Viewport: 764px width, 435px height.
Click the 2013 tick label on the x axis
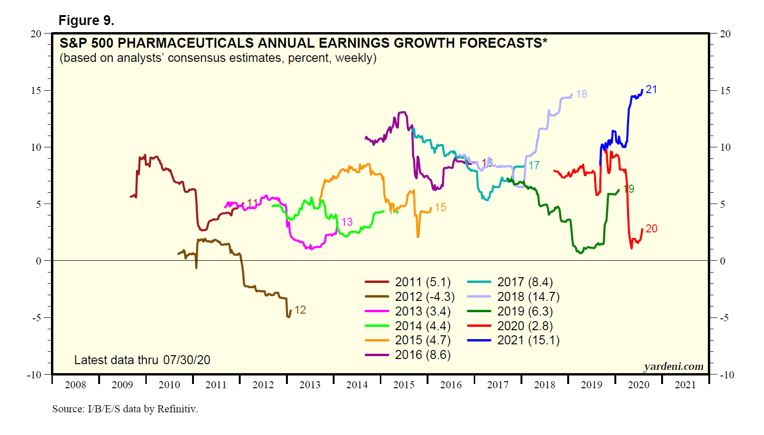coord(310,385)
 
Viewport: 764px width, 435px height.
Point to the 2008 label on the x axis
coord(76,385)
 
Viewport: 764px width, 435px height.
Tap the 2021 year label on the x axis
coord(685,385)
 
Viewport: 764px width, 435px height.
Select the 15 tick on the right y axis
coord(725,91)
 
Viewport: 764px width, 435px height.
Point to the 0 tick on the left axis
coord(39,261)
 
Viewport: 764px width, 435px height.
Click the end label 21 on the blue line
coord(651,89)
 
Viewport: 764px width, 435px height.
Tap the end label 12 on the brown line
coord(300,310)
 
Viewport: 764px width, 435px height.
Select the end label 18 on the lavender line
coord(581,94)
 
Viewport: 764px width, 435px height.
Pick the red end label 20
coord(651,229)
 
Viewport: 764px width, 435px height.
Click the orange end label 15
coord(440,207)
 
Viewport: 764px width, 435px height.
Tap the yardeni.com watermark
coord(673,367)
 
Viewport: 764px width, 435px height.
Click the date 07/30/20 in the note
coord(186,360)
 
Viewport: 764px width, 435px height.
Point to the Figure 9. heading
coord(86,20)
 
